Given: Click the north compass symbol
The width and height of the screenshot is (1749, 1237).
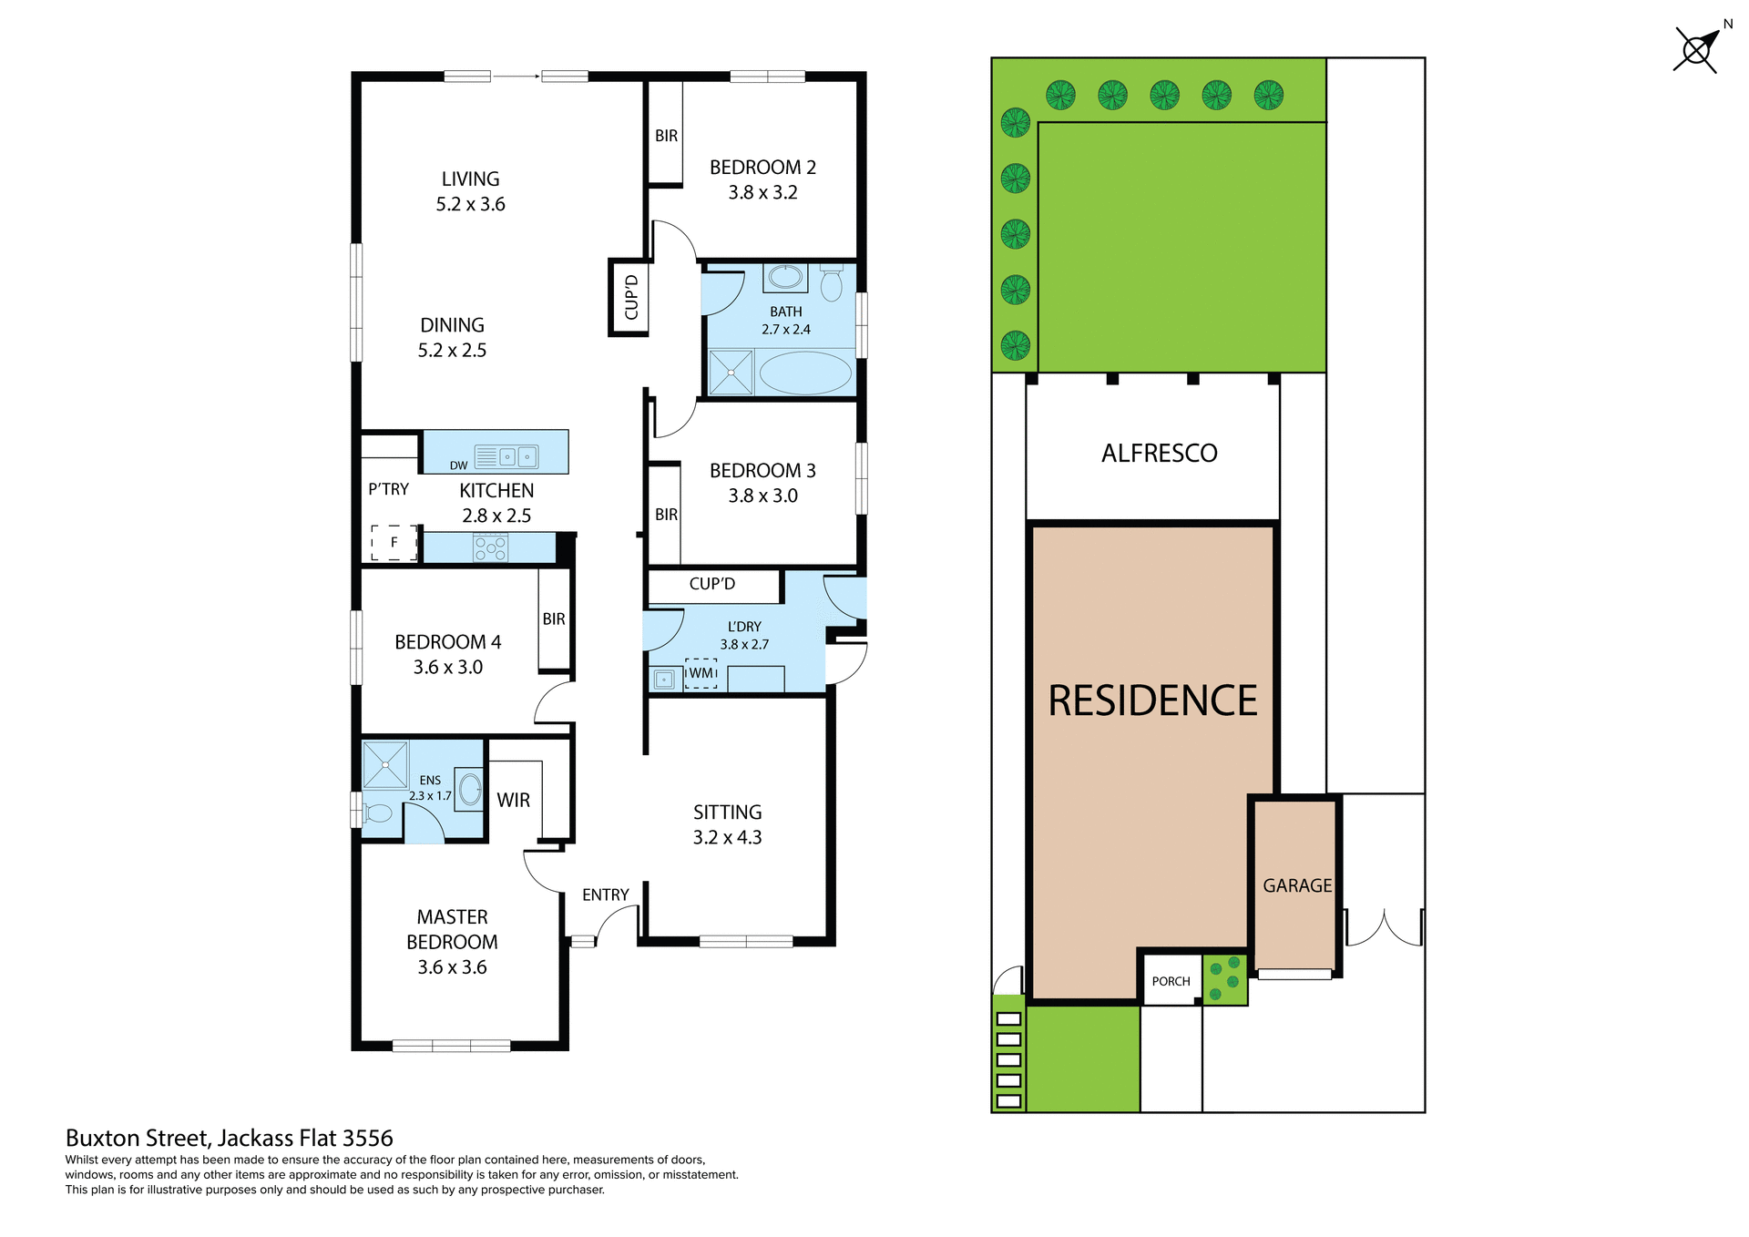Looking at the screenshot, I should click(1696, 50).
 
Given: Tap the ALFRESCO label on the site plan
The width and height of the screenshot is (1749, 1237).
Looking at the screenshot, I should click(1159, 453).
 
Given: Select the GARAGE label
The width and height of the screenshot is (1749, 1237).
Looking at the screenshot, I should click(1296, 885).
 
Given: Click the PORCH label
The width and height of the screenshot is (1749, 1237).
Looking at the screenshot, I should click(1171, 981).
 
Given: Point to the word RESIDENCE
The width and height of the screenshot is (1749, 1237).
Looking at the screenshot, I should click(1152, 700).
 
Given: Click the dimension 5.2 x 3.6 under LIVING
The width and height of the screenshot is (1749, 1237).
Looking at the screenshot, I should click(470, 204).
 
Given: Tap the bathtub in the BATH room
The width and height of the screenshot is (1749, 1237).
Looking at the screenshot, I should click(804, 373).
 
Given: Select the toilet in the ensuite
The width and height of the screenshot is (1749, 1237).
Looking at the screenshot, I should click(377, 813).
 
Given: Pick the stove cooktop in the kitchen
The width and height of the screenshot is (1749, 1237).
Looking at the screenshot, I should click(490, 547).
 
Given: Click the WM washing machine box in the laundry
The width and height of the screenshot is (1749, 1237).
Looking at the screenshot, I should click(701, 673).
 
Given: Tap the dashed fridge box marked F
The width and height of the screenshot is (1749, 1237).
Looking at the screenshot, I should click(394, 542).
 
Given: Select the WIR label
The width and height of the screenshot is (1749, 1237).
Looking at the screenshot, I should click(513, 800).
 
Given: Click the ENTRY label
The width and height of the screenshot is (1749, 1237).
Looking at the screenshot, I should click(605, 895).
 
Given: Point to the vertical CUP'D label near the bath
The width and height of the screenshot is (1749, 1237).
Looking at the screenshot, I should click(630, 298).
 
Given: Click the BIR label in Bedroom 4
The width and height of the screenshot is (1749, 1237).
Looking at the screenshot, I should click(554, 618).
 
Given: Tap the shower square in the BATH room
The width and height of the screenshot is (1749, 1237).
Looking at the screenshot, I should click(731, 373).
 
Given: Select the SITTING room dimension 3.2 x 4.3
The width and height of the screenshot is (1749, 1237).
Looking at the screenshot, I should click(727, 837).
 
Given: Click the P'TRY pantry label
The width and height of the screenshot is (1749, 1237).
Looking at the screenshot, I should click(388, 489).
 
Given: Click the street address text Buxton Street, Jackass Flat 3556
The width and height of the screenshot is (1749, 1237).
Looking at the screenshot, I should click(229, 1138).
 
